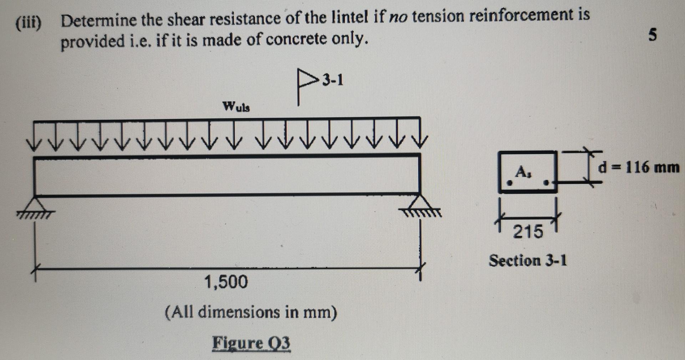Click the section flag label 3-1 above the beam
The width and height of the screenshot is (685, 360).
point(332,81)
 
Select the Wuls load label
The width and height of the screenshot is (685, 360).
point(236,106)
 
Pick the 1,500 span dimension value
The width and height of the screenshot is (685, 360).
point(226,282)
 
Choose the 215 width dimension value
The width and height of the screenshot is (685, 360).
point(528,232)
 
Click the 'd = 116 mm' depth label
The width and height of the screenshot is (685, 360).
point(639,167)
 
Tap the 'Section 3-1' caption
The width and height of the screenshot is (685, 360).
point(527,260)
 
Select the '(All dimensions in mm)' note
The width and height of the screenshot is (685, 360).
point(251,312)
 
